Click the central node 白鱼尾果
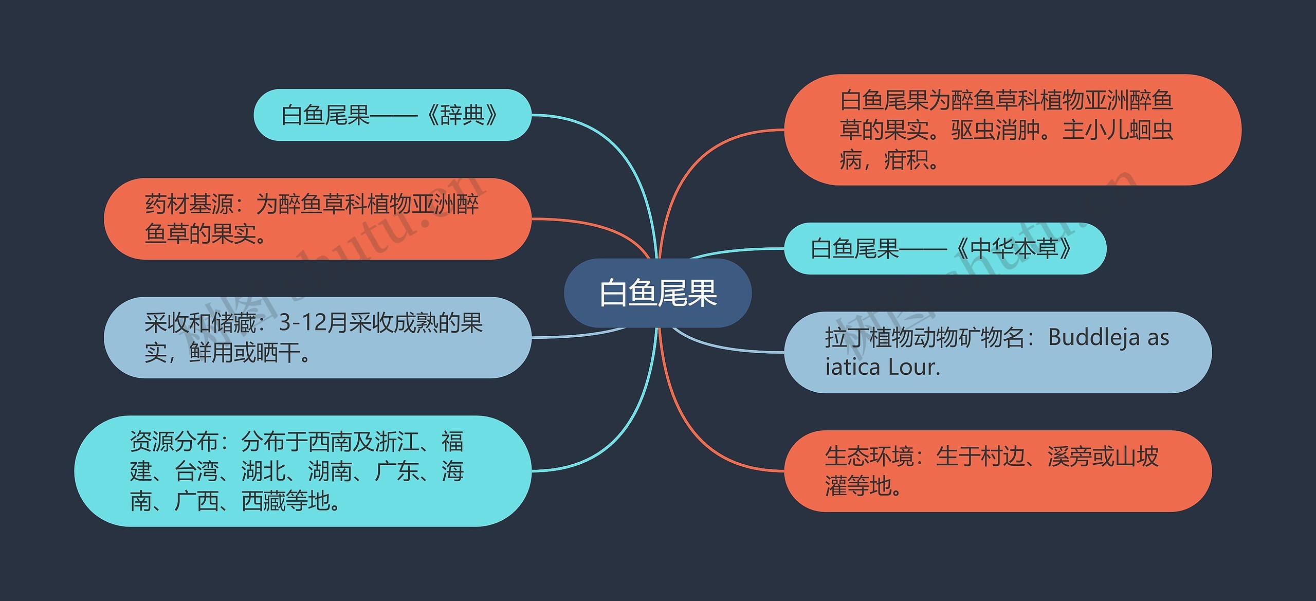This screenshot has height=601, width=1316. coord(657,293)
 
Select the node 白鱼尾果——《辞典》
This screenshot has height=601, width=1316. coord(392,115)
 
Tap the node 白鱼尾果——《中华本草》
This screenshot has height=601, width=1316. coord(945,248)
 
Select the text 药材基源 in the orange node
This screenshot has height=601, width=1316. coord(189,204)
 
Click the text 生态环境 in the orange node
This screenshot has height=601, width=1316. coord(869,456)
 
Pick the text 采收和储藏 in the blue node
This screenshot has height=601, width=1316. coord(200,323)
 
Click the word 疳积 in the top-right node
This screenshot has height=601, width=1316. coord(906,159)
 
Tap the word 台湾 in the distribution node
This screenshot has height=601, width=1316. coord(196,471)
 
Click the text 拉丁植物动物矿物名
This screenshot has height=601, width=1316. coord(925,338)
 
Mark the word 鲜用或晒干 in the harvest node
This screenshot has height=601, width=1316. coord(244,353)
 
